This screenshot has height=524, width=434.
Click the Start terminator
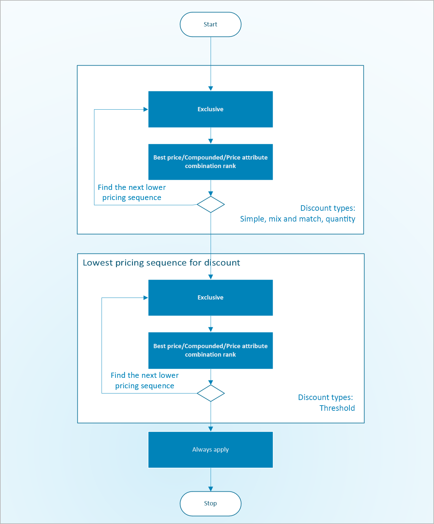click(x=210, y=24)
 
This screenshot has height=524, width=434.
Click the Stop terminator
click(x=210, y=503)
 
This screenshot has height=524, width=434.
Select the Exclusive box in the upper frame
click(x=210, y=109)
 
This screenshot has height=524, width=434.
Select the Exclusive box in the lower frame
click(x=210, y=298)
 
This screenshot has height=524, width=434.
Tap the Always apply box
click(x=210, y=450)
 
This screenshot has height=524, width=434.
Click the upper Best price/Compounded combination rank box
click(x=210, y=162)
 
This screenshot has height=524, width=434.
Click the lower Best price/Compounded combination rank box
click(x=210, y=350)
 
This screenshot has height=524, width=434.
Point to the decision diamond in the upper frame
click(x=211, y=205)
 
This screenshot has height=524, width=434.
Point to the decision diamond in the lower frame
click(x=211, y=393)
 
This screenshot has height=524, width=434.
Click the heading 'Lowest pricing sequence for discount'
click(x=161, y=263)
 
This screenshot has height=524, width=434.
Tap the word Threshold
click(x=337, y=408)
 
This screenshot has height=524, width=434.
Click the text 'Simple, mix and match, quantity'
click(x=297, y=219)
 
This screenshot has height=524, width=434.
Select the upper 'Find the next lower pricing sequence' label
click(x=132, y=193)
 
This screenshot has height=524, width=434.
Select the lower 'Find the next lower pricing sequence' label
click(x=145, y=380)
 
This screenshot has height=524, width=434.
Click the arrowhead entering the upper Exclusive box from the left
click(x=146, y=109)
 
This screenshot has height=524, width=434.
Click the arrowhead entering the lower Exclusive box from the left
click(x=146, y=298)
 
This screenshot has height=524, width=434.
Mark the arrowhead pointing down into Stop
click(x=211, y=489)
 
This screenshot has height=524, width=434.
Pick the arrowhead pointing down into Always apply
click(x=211, y=429)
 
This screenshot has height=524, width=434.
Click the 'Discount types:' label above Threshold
click(x=325, y=397)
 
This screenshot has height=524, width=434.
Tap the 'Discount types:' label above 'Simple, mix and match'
click(x=328, y=208)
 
